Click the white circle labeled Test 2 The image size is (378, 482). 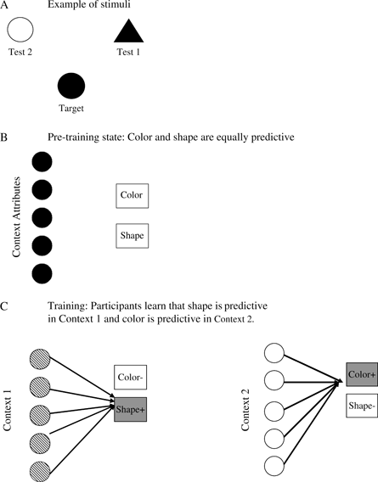click(x=20, y=30)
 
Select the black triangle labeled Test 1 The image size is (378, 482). click(x=128, y=31)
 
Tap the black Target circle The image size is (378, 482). click(x=71, y=86)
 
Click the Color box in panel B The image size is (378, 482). click(x=132, y=196)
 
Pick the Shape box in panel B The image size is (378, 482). click(x=132, y=236)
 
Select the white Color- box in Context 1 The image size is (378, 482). click(x=131, y=377)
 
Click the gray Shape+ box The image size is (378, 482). click(x=131, y=410)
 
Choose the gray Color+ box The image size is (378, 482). click(x=362, y=374)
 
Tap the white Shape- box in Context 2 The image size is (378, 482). click(x=362, y=406)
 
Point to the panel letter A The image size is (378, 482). click(x=4, y=5)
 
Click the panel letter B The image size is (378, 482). click(x=3, y=137)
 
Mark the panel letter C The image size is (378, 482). click(x=3, y=306)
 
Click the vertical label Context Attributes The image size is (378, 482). click(x=16, y=217)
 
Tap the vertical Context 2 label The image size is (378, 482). click(x=245, y=411)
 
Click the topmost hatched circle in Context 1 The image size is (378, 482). click(x=40, y=359)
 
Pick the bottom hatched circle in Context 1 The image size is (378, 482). click(x=40, y=471)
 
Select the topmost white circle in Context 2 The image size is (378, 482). click(x=274, y=353)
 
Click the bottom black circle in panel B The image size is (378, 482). click(x=42, y=273)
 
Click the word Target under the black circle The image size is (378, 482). click(x=71, y=109)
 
